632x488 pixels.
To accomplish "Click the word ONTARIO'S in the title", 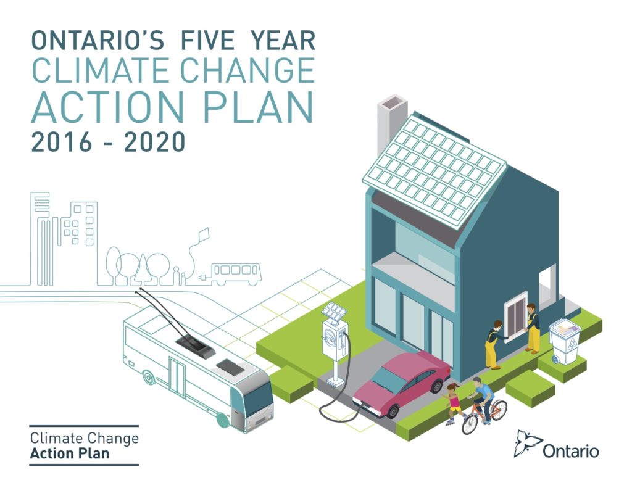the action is coord(98,40).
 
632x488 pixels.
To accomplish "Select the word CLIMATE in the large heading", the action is coord(101,70).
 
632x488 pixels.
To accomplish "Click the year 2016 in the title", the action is coord(61,142).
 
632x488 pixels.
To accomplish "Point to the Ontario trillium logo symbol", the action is coord(528,443).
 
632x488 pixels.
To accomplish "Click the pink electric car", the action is coord(401,383).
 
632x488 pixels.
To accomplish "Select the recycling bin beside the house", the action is coord(565,341).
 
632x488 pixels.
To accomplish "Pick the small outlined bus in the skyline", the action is coord(235,274).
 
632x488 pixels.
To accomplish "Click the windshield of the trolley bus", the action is coord(258,399).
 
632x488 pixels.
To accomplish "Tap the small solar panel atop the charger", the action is coord(334,312).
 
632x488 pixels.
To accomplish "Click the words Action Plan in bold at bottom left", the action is coord(69,453).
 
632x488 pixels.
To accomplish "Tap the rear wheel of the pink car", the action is coord(436,385).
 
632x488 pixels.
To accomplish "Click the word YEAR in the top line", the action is coord(283,40).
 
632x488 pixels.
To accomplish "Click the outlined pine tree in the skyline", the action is coord(143,269).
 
